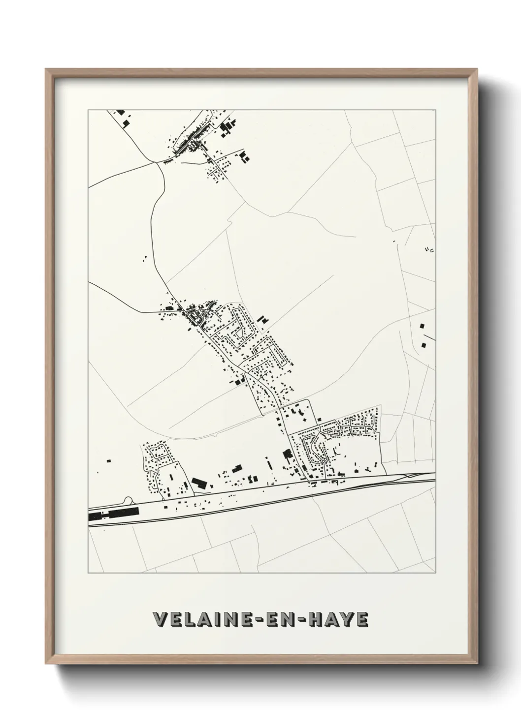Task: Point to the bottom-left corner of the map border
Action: point(88,573)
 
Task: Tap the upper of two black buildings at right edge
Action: point(422,326)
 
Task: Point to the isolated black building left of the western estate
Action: point(108,461)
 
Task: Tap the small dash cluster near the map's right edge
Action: point(429,249)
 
